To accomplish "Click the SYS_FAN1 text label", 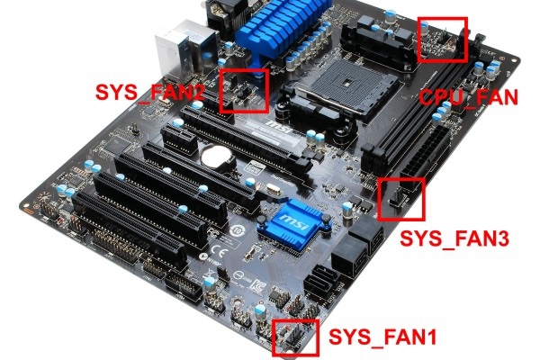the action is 382,337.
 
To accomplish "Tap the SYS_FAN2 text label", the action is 149,93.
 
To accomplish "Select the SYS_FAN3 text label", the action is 454,238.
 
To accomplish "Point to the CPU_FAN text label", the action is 468,97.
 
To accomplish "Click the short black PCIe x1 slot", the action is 179,139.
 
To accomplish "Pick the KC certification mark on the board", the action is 257,285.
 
